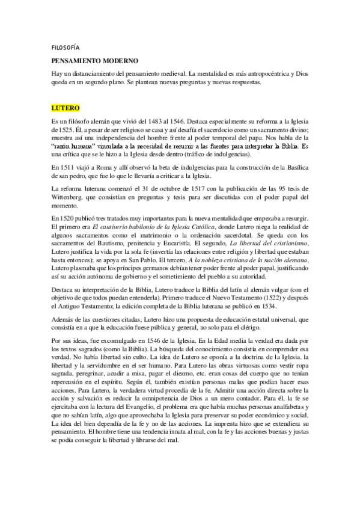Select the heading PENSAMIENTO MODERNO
click(94, 61)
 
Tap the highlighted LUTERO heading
click(66, 108)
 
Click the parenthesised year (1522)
click(254, 296)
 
